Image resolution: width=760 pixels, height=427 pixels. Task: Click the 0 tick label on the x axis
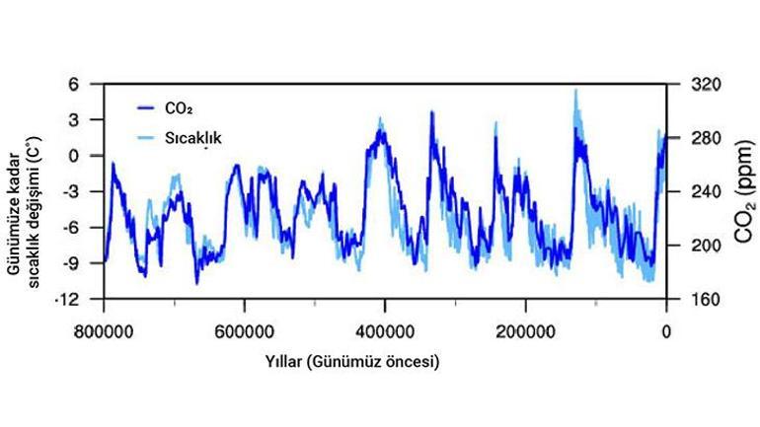pos(665,330)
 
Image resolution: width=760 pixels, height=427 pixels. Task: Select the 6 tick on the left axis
pos(87,85)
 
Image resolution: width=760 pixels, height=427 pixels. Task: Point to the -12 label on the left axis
pos(81,299)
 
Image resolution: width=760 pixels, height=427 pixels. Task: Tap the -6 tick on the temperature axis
pos(83,228)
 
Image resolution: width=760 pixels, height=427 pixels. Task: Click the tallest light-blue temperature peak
pos(575,92)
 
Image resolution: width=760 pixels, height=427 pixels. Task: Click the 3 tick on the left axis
pos(87,120)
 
